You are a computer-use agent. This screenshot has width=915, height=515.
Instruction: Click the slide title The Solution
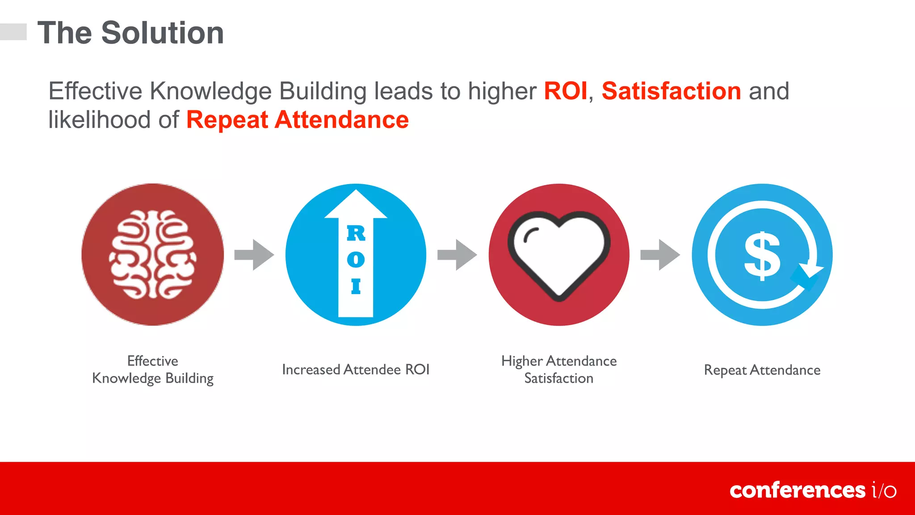[x=130, y=33]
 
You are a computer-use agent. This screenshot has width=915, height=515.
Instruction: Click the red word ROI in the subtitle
[x=565, y=91]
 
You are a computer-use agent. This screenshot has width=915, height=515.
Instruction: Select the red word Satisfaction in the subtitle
[x=671, y=91]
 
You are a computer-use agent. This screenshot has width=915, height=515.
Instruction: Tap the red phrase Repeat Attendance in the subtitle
[x=297, y=120]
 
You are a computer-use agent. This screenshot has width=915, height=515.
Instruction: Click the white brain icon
[x=152, y=255]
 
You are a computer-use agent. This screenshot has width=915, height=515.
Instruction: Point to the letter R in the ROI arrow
[x=356, y=233]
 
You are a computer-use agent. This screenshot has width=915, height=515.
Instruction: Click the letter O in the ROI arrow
[x=356, y=260]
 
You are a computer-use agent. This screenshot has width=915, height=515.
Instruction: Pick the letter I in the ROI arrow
[x=356, y=286]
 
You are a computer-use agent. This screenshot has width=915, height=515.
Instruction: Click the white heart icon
[x=558, y=253]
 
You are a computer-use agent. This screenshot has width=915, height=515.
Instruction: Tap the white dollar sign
[x=762, y=256]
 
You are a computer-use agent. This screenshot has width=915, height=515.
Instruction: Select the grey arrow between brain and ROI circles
[x=254, y=255]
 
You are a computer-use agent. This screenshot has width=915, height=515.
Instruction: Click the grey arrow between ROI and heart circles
[x=457, y=255]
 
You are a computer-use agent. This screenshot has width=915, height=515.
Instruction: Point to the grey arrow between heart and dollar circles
[x=660, y=255]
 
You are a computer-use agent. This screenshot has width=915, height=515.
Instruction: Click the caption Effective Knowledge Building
[x=152, y=370]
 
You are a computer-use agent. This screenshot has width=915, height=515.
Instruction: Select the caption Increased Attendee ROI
[x=356, y=370]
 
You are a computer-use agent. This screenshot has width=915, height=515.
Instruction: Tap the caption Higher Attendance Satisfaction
[x=558, y=370]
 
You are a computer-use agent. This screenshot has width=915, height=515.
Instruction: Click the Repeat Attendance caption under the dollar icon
[x=762, y=370]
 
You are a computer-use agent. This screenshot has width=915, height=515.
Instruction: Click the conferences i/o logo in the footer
[x=812, y=490]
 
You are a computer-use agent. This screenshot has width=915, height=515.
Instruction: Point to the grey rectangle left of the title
[x=13, y=32]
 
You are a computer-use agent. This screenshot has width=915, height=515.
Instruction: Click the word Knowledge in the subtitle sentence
[x=210, y=91]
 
